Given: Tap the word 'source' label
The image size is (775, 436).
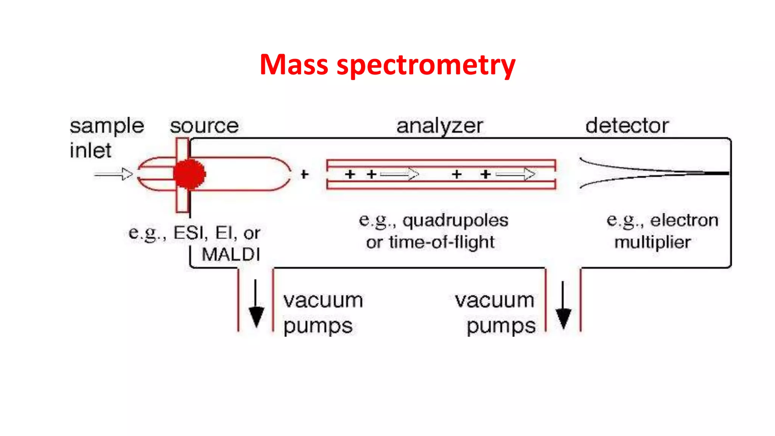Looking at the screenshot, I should tap(204, 126).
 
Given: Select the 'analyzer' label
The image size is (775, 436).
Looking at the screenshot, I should tap(439, 126).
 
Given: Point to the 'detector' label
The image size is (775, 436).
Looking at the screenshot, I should tap(627, 126).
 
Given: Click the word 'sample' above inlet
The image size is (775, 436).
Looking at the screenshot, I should tap(107, 126).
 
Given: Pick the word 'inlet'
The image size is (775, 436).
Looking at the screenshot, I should tap(90, 150).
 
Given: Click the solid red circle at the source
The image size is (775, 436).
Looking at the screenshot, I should tap(189, 174).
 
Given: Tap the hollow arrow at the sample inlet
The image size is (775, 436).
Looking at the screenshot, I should tap(114, 174).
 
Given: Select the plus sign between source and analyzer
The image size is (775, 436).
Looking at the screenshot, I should tap(304, 174).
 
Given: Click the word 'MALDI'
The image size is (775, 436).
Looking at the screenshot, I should tap(231, 254).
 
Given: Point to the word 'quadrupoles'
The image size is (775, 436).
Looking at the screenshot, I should tap(455, 220).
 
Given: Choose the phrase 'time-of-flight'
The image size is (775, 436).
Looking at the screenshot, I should tap(441, 242).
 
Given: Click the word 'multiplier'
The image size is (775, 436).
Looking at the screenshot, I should tap(652, 242).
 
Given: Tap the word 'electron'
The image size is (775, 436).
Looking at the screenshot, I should tap(684, 220).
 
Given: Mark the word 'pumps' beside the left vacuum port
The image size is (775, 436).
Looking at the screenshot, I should tap(318, 326).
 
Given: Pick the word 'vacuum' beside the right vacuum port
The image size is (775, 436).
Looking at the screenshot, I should tap(494, 301).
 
